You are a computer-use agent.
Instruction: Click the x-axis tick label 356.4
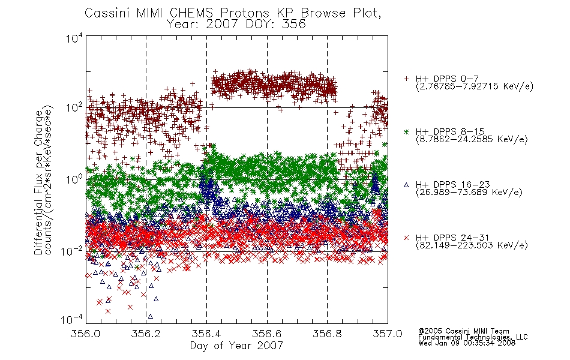coord(207,334)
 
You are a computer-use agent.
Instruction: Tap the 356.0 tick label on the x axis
coord(86,334)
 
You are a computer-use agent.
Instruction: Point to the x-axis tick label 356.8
coord(327,334)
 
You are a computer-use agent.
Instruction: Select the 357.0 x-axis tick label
coord(388,334)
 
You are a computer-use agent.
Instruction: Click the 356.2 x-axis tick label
coord(146,334)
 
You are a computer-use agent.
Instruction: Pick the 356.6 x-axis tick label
coord(267,334)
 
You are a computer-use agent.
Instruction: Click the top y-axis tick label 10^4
coord(74,38)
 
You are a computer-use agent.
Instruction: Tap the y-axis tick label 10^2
coord(74,107)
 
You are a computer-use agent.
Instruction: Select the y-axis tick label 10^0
coord(74,179)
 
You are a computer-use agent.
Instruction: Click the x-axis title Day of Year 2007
coord(236,346)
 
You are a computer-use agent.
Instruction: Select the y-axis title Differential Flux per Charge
coord(38,182)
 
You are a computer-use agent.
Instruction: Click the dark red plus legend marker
coord(406,79)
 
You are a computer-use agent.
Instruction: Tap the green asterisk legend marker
coord(406,131)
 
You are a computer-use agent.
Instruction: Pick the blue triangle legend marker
coord(406,185)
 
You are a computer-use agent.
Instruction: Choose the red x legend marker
coord(406,238)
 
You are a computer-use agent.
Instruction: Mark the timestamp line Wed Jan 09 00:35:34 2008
coord(467,343)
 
